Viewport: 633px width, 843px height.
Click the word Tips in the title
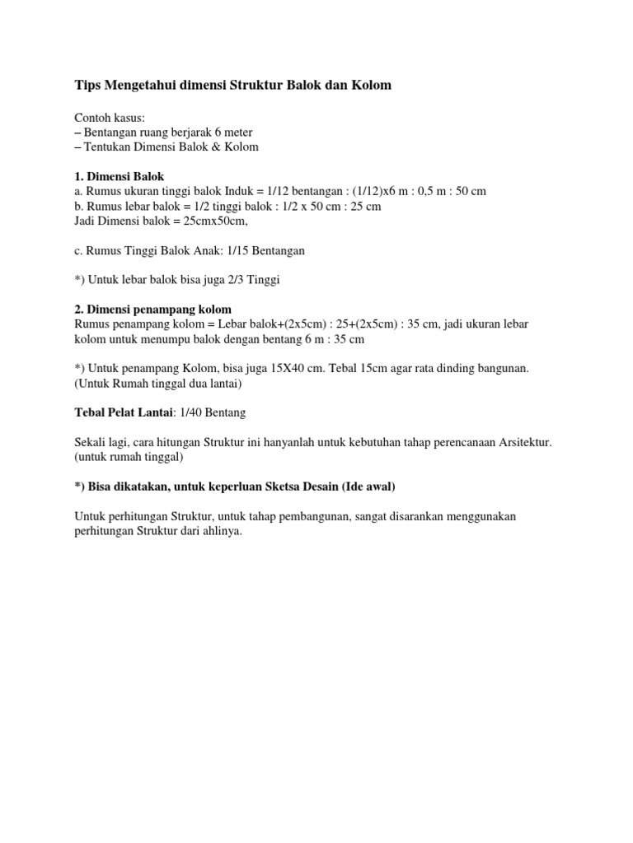pos(87,86)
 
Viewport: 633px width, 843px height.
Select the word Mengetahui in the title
pos(139,86)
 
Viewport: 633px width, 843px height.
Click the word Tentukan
pos(112,147)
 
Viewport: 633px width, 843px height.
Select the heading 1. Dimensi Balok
pos(120,176)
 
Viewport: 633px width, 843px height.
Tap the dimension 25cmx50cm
pos(209,221)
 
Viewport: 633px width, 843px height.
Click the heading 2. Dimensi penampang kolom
pos(152,310)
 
